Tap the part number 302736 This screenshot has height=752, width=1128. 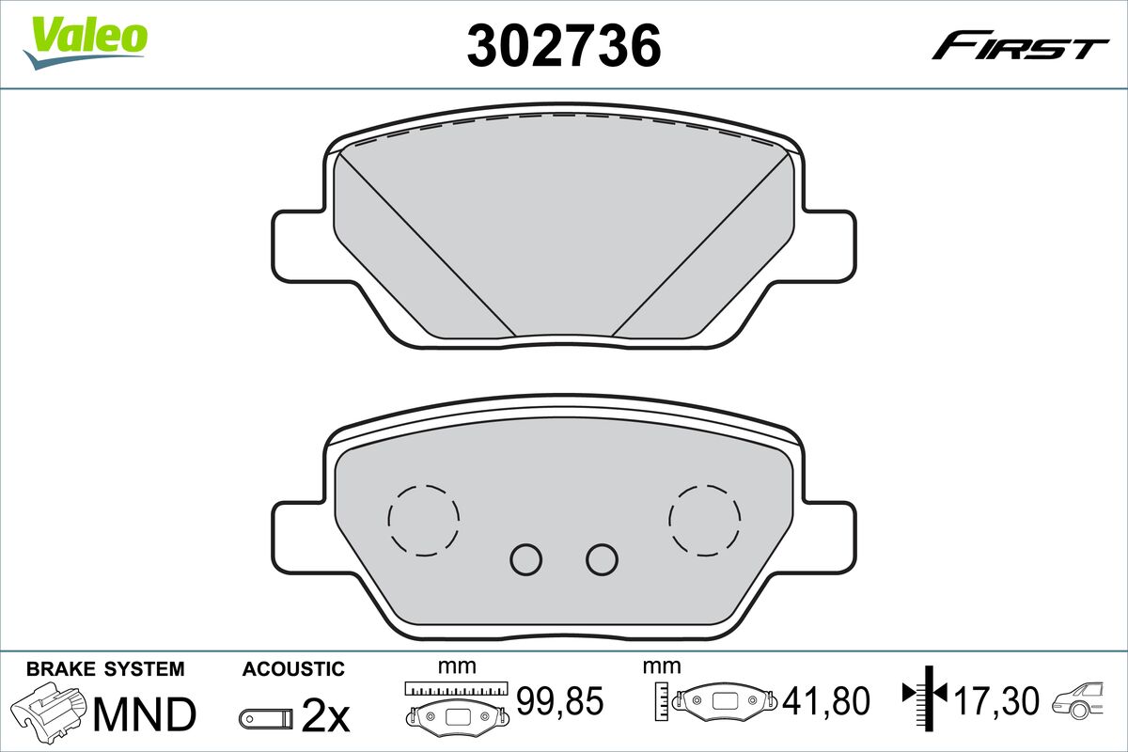pyautogui.click(x=564, y=44)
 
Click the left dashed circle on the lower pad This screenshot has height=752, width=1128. pyautogui.click(x=423, y=520)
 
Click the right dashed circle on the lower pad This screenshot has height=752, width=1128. pyautogui.click(x=705, y=520)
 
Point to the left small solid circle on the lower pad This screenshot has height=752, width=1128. pyautogui.click(x=526, y=559)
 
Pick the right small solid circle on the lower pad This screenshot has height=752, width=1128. pyautogui.click(x=602, y=559)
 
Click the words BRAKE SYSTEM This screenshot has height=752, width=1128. pyautogui.click(x=105, y=669)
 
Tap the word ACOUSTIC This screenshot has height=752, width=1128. pyautogui.click(x=293, y=669)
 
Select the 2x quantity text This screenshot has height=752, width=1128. pyautogui.click(x=325, y=717)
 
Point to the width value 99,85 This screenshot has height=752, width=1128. pyautogui.click(x=560, y=700)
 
